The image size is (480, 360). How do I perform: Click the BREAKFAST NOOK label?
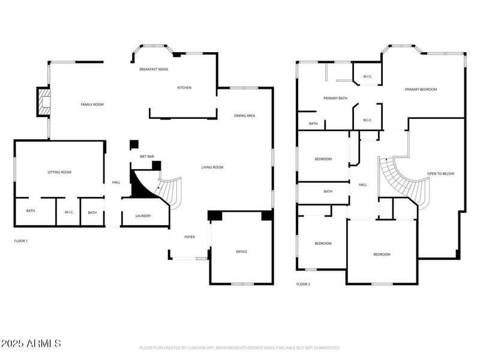(x=154, y=70)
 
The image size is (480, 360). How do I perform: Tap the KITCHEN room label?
(x=184, y=88)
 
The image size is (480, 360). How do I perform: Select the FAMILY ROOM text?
(x=92, y=104)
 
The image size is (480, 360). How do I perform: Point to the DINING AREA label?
(x=245, y=115)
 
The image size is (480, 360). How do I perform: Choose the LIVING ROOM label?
(x=212, y=167)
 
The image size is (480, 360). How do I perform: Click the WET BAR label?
(x=146, y=157)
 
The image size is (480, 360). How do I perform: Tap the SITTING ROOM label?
(x=59, y=172)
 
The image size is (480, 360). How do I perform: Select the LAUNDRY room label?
(x=143, y=216)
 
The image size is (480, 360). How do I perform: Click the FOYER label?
(x=189, y=237)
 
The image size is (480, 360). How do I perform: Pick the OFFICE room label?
(x=241, y=251)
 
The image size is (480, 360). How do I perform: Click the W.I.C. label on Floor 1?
(x=68, y=212)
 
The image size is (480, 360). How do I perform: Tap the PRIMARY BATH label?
(x=335, y=98)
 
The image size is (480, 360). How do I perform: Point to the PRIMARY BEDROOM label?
(x=421, y=89)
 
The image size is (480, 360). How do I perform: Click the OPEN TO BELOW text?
(x=440, y=174)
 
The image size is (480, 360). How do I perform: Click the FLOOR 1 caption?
(x=21, y=241)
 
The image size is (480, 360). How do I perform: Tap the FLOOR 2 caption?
(x=303, y=284)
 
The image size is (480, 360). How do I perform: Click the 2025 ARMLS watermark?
(x=31, y=344)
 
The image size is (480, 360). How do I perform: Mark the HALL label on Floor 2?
(x=362, y=185)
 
